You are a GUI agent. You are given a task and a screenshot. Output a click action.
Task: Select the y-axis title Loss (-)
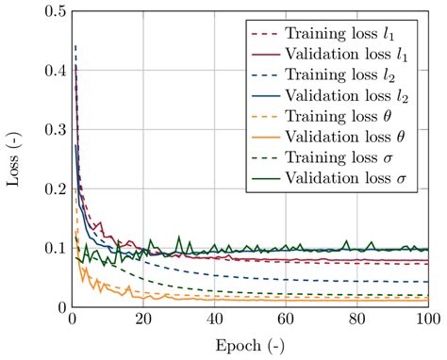tap(14, 159)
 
